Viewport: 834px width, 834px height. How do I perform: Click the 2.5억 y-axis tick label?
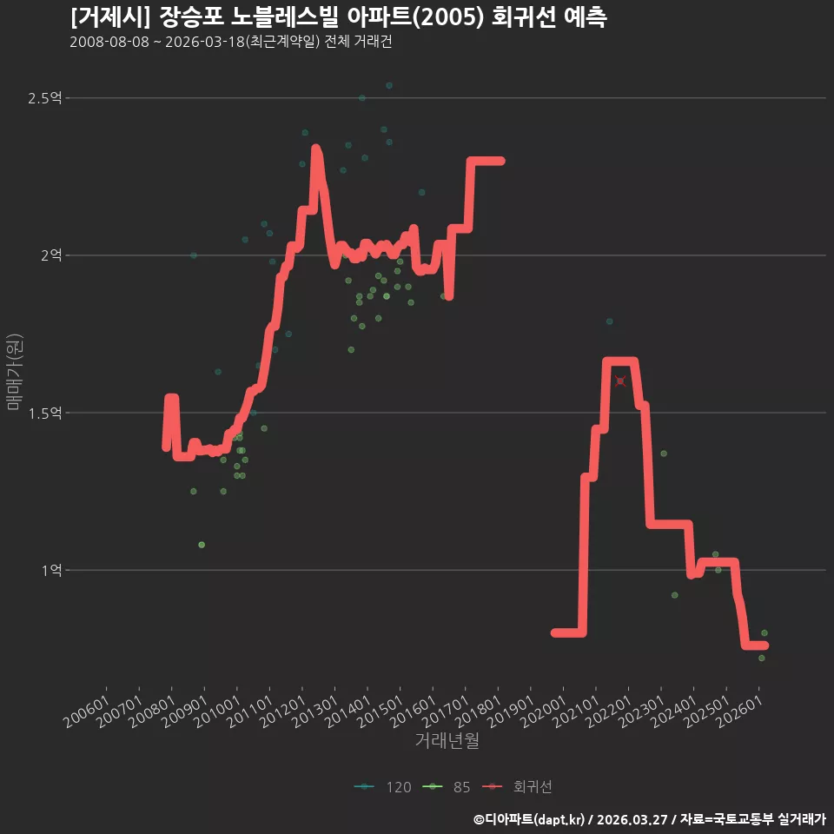point(45,98)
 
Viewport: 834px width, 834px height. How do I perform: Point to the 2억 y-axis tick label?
point(51,255)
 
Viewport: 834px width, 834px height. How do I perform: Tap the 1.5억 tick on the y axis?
point(45,413)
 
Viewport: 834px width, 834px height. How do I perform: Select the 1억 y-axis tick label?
point(52,570)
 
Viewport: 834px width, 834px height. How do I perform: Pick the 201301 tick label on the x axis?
point(314,712)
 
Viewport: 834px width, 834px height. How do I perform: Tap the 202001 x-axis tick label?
point(543,712)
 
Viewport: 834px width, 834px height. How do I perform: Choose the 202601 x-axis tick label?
point(738,712)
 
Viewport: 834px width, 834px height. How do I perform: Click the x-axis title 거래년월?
point(447,740)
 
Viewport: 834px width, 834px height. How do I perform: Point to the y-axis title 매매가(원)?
point(14,373)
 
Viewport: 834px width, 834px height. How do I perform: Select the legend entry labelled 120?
point(383,787)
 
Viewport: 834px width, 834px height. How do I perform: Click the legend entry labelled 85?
point(447,787)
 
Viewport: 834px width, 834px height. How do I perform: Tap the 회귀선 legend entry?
point(517,787)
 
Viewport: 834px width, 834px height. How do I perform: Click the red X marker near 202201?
point(620,381)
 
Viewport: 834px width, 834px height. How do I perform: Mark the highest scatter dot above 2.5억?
point(389,85)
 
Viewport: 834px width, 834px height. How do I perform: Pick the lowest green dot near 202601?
point(761,658)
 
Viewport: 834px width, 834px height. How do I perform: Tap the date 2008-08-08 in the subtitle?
point(109,42)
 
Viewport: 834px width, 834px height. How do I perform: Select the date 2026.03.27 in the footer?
point(631,819)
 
